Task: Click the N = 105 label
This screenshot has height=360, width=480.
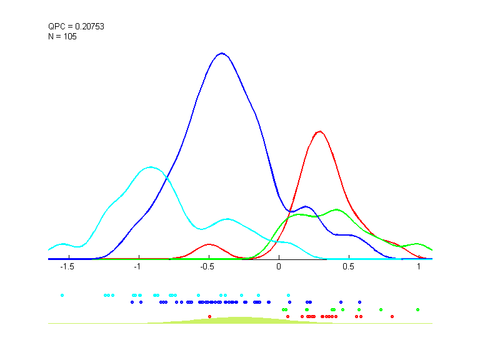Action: pos(62,36)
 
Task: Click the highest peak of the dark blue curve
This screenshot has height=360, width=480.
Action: pos(221,53)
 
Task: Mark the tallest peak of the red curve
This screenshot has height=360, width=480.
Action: pos(320,131)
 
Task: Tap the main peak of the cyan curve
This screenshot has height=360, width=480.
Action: pos(151,167)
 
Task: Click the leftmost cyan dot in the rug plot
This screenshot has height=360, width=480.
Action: pos(62,295)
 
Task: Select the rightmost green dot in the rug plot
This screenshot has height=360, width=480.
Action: pos(417,309)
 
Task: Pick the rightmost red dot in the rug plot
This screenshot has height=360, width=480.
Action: pos(392,317)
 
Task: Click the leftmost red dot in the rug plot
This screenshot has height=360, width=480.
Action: pos(209,317)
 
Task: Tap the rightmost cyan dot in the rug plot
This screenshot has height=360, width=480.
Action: pos(288,295)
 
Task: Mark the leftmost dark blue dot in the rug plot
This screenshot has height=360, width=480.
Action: pos(132,302)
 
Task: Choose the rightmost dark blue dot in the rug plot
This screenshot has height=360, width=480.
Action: pos(359,302)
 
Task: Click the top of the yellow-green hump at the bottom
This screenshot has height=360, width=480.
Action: pos(237,317)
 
